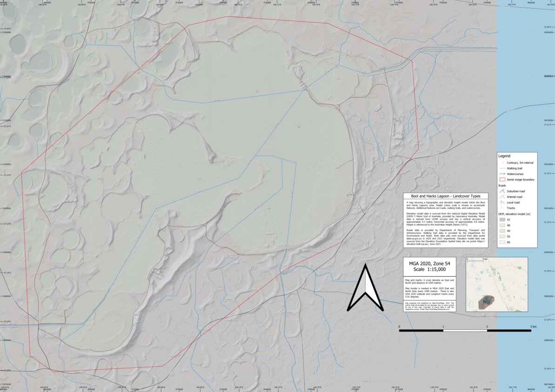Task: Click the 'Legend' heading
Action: (x=504, y=156)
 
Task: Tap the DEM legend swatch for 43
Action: (x=502, y=219)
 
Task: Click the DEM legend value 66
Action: (x=509, y=242)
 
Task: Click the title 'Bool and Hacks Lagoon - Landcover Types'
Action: (x=446, y=197)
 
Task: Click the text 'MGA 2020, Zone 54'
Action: (x=427, y=263)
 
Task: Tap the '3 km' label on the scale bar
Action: (x=533, y=327)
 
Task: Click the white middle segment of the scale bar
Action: (x=465, y=331)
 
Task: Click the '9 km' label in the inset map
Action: (x=485, y=259)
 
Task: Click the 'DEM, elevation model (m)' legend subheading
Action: (x=517, y=213)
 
